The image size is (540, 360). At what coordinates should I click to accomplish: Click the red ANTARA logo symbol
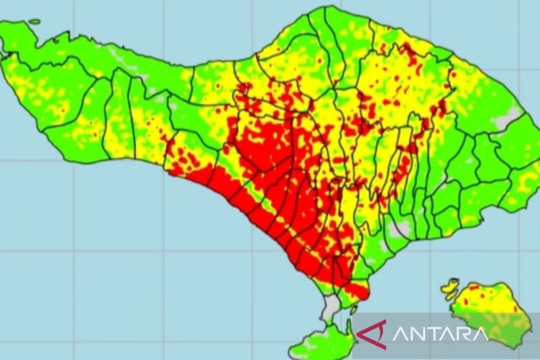coord(372,334)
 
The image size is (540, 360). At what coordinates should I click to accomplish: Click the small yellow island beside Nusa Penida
coord(450,288)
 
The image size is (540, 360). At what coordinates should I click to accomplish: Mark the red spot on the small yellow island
coord(452,286)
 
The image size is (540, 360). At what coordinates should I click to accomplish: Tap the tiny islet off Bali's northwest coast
coord(34,22)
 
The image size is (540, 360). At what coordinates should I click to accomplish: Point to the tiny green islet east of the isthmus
coord(354,309)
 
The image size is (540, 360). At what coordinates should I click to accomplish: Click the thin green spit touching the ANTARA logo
coord(349,331)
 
